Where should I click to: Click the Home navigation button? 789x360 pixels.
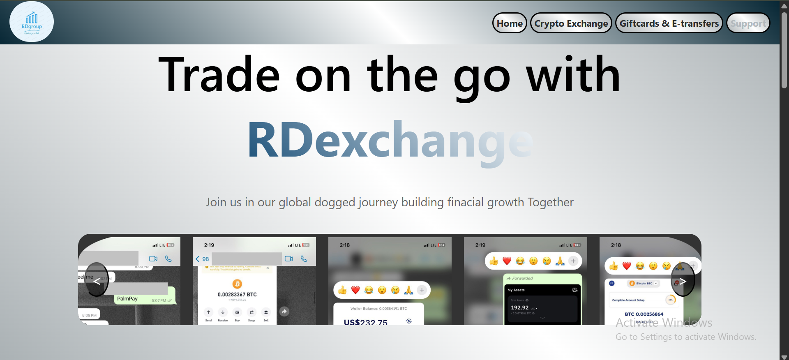coord(510,23)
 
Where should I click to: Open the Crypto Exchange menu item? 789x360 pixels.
coord(571,23)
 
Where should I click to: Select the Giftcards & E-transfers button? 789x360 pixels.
coord(669,23)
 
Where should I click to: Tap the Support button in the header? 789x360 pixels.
coord(748,23)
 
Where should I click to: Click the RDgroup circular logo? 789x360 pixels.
coord(32,22)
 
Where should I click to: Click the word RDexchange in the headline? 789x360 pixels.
coord(390,141)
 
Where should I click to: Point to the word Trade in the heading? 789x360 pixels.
coord(219,75)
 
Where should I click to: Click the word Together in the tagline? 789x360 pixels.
coord(550,202)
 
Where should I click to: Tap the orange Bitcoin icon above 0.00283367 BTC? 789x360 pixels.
coord(237,284)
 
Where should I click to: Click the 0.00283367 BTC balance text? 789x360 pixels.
coord(237,295)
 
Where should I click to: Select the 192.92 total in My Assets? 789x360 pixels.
coord(520,307)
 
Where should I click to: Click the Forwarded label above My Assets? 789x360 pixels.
coord(522,278)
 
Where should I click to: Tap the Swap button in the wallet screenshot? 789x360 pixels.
coord(251,315)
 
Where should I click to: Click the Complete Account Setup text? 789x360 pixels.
coord(628,300)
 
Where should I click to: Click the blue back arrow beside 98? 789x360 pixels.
coord(198,259)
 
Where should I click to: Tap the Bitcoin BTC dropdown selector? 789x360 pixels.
coord(644,283)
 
